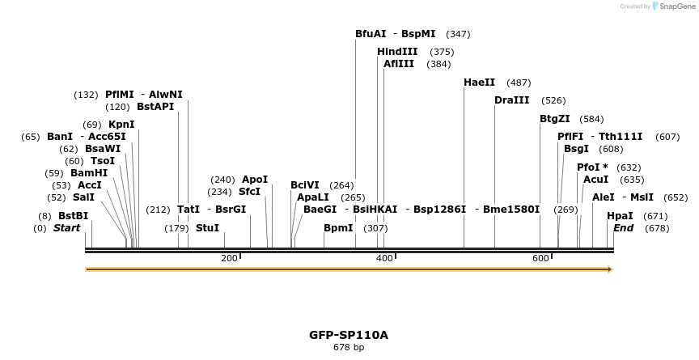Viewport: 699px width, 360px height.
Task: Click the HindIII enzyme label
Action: point(397,52)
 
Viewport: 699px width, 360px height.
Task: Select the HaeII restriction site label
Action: point(479,83)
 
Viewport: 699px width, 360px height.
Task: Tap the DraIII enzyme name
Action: point(511,100)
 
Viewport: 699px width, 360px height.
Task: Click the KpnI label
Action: point(121,125)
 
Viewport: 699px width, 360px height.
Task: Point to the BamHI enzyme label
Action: point(88,173)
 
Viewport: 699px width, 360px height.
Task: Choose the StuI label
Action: point(207,228)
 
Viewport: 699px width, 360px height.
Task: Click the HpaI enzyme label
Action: point(620,216)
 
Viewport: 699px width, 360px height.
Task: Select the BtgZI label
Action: point(554,119)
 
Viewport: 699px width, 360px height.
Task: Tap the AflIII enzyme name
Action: point(399,64)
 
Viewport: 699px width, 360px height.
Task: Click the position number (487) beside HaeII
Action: point(519,83)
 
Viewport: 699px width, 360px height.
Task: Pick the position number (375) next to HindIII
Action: point(442,52)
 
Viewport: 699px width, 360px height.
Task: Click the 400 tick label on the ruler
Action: point(384,258)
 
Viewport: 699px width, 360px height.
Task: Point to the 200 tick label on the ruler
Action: point(229,258)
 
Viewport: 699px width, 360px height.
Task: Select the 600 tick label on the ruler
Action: point(540,258)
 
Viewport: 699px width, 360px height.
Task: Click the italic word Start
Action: point(66,228)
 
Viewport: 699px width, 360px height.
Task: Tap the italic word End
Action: point(623,228)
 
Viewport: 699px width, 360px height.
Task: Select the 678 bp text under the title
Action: point(349,348)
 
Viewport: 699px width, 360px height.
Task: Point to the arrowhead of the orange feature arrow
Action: point(610,269)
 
